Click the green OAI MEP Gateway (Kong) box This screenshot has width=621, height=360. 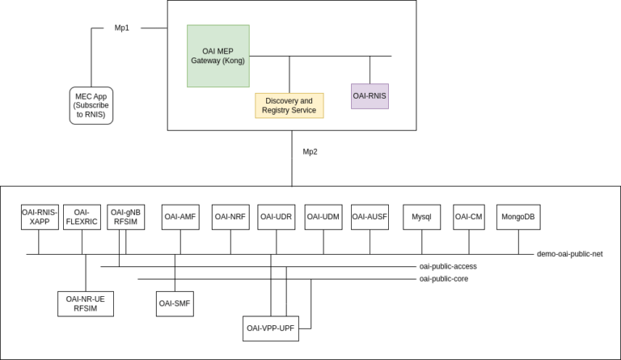pos(218,56)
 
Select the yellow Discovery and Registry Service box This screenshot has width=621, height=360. pos(289,105)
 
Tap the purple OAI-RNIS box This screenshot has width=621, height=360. pos(370,95)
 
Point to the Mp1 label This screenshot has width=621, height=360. pos(122,27)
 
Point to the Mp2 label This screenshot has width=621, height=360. pos(310,151)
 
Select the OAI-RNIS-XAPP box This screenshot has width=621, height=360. pos(40,217)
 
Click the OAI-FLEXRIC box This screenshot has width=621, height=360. pos(82,217)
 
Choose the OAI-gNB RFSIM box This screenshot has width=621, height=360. pos(126,217)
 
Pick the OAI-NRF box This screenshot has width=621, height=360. pos(231,217)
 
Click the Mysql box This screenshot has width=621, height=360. pos(422,217)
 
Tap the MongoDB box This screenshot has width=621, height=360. pos(517,217)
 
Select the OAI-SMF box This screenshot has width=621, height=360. pos(175,303)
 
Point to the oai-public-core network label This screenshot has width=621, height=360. pos(443,278)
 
